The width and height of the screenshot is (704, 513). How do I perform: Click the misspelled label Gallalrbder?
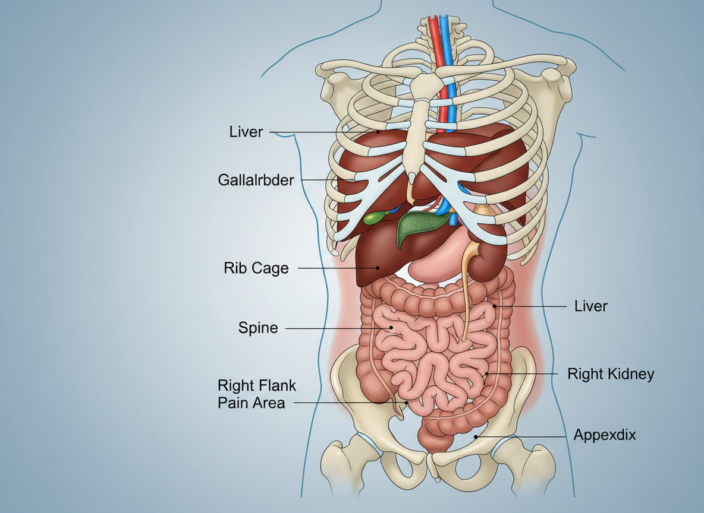(256, 179)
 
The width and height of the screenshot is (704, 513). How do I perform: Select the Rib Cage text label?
(256, 268)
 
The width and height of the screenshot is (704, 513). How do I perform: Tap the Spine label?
(258, 328)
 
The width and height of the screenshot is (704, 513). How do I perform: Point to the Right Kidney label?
(611, 374)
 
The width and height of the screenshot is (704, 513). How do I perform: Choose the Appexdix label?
(605, 435)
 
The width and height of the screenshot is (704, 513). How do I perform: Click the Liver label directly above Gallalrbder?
(246, 132)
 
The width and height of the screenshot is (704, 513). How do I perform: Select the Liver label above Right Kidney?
(590, 306)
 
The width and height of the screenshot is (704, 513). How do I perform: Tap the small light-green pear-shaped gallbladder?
(374, 218)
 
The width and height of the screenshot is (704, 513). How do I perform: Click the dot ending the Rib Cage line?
(377, 268)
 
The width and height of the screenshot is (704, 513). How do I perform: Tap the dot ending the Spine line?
(391, 327)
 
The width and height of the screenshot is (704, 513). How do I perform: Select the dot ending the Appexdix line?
(475, 436)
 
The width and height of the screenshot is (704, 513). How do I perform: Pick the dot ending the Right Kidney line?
(487, 373)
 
